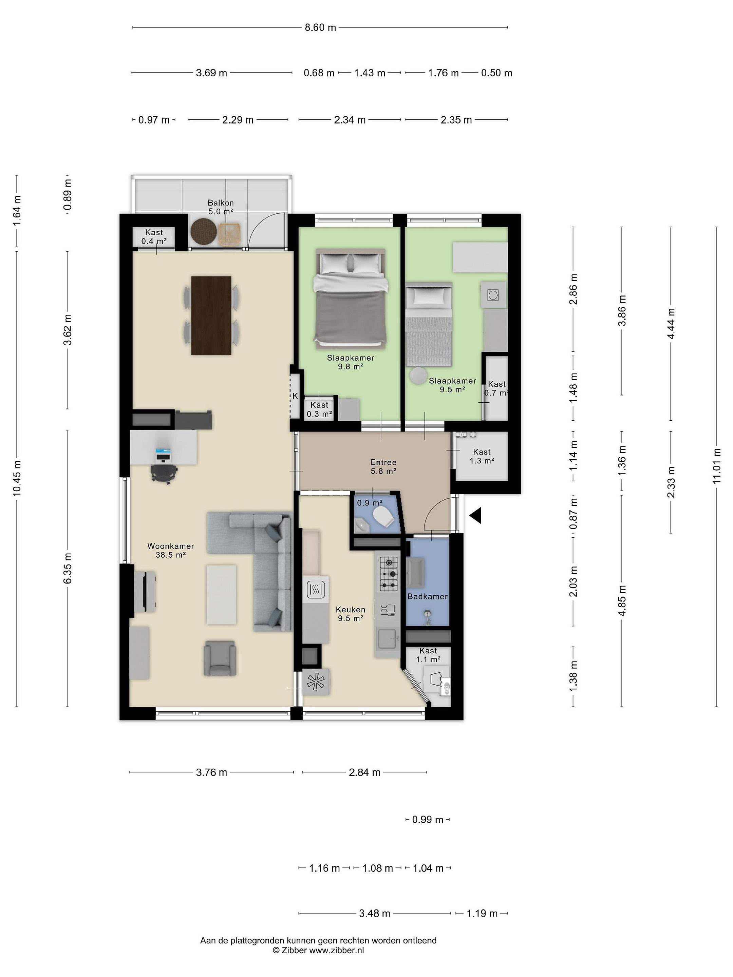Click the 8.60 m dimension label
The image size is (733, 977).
pyautogui.click(x=320, y=27)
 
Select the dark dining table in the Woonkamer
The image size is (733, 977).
pyautogui.click(x=211, y=315)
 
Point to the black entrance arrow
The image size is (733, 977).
pyautogui.click(x=475, y=515)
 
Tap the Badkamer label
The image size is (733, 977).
pyautogui.click(x=427, y=596)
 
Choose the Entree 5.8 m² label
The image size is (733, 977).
pyautogui.click(x=383, y=466)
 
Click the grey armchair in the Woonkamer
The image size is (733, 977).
pyautogui.click(x=220, y=658)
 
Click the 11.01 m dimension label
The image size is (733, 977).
pyautogui.click(x=716, y=466)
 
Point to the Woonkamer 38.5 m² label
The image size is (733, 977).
pyautogui.click(x=171, y=550)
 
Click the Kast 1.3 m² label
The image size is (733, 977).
pyautogui.click(x=482, y=456)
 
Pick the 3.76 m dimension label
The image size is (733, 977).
pyautogui.click(x=211, y=772)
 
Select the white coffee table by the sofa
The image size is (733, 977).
pyautogui.click(x=221, y=594)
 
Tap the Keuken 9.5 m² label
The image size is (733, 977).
pyautogui.click(x=350, y=614)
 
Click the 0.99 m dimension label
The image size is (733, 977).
pyautogui.click(x=428, y=820)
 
